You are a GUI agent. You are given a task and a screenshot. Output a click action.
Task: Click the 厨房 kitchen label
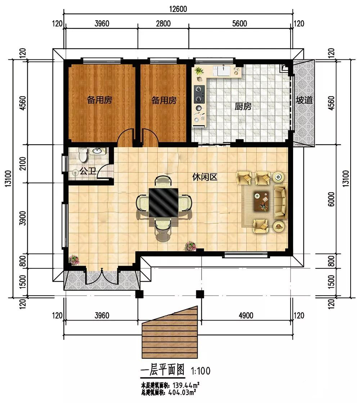[x=243, y=106]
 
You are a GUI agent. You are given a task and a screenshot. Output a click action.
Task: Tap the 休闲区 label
[x=205, y=177]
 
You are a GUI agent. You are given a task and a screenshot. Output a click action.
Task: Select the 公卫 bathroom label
[x=87, y=171]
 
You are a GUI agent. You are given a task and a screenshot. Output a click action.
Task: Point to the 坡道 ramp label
[x=304, y=100]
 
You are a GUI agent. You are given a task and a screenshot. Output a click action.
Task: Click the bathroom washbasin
[x=97, y=151]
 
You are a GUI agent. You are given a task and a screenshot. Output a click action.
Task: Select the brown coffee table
[x=262, y=201]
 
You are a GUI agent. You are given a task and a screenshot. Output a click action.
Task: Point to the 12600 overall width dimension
[x=178, y=9]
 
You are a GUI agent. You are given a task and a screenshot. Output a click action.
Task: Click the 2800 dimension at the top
[x=163, y=24]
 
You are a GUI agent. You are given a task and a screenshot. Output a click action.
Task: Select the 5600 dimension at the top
[x=239, y=24]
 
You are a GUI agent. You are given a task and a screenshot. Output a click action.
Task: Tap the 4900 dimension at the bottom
[x=246, y=315]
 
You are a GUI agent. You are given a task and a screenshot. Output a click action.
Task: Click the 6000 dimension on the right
[x=332, y=199]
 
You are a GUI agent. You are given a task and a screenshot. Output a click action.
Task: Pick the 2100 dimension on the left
[x=23, y=163]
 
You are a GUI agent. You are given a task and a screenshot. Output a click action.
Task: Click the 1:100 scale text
[x=201, y=371]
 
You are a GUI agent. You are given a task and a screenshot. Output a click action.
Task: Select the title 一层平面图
[x=163, y=370]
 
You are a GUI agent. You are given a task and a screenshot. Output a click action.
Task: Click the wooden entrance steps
[x=170, y=332]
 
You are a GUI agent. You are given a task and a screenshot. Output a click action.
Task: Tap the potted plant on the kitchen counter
[x=199, y=71]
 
